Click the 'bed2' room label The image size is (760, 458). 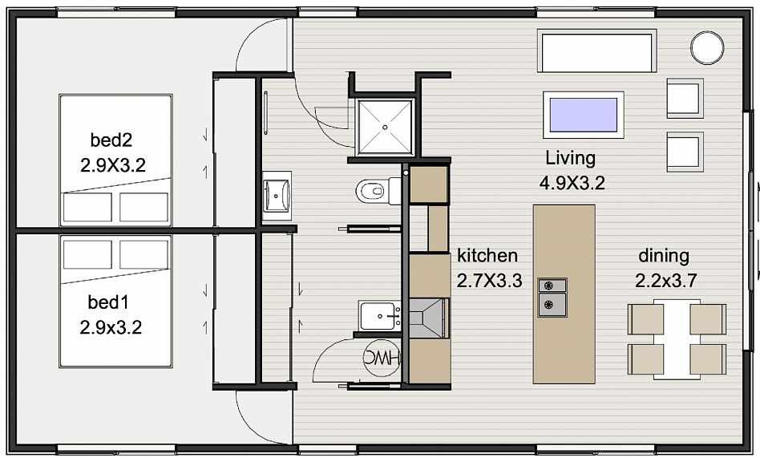point(111,140)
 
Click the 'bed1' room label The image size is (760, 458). point(108,302)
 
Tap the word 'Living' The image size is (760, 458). point(571,158)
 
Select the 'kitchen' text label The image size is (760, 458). point(487,255)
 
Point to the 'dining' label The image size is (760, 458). point(664,256)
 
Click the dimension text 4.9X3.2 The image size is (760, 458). point(572,184)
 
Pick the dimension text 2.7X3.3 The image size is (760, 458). point(489,281)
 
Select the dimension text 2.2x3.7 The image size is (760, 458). point(666,281)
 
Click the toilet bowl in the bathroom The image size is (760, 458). point(372,191)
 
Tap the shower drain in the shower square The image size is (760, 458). point(385,128)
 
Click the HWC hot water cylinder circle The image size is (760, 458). point(382,358)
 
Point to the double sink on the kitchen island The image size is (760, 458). point(552,298)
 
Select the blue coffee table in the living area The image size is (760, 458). point(583,115)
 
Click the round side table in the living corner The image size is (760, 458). point(706,47)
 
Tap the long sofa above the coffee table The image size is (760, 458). point(596,51)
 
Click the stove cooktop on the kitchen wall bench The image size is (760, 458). point(429,318)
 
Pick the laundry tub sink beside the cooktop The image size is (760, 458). point(379,316)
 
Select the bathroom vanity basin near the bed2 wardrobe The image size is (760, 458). point(277,196)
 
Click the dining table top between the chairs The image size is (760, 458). point(677,338)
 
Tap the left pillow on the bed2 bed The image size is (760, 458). point(87,208)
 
